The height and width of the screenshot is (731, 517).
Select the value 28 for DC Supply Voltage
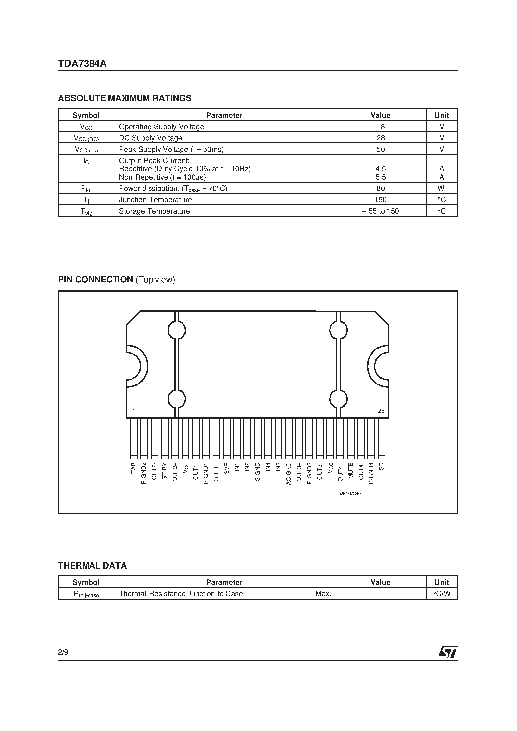click(x=380, y=138)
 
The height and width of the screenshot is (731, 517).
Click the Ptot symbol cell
click(x=86, y=188)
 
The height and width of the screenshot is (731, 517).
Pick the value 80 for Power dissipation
click(x=380, y=188)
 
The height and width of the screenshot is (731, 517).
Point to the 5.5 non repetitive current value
click(x=381, y=177)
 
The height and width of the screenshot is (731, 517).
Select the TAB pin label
click(x=134, y=468)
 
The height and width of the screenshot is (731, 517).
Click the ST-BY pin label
click(x=164, y=471)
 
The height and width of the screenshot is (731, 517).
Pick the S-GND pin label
click(x=257, y=472)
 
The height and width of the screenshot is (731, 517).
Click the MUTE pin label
click(x=350, y=470)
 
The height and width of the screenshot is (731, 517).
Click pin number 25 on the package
click(x=381, y=411)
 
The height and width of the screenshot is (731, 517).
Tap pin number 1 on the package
click(x=134, y=411)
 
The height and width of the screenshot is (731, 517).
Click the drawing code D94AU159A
click(x=350, y=493)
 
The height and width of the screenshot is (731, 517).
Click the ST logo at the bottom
click(x=448, y=652)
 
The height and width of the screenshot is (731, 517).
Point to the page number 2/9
click(x=63, y=652)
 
